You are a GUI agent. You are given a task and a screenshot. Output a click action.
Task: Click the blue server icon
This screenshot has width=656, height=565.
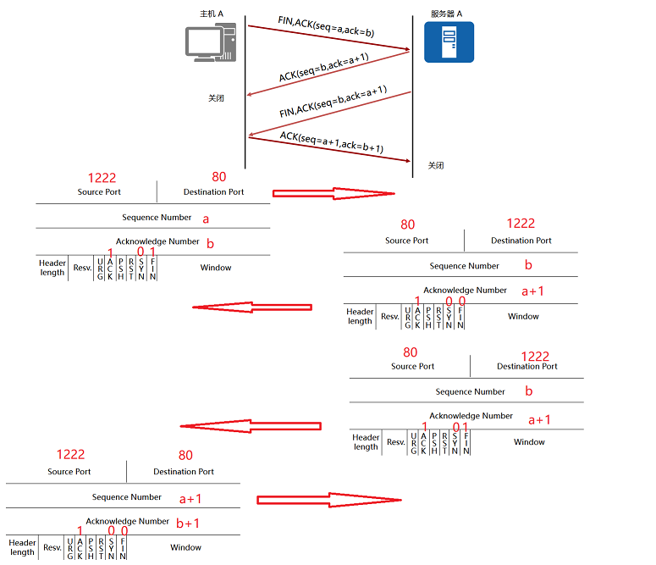449,42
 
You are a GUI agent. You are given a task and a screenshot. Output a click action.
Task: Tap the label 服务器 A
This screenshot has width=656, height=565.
446,14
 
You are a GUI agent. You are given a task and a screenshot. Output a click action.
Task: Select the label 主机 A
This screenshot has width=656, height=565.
212,14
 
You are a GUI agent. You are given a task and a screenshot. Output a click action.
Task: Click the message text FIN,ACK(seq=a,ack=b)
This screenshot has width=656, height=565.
326,26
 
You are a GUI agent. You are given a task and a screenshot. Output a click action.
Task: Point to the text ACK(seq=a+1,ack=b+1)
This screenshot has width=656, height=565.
332,142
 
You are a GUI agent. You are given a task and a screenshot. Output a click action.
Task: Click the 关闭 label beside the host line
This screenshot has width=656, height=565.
217,98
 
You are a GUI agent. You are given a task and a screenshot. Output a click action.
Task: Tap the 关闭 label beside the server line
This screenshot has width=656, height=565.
436,165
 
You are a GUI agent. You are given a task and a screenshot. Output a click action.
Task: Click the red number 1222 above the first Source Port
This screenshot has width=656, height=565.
102,178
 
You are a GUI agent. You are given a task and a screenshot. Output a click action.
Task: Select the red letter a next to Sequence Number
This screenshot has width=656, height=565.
205,218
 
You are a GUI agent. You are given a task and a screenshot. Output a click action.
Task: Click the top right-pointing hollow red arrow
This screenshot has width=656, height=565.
334,193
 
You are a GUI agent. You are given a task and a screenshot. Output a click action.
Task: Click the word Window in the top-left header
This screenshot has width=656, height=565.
216,268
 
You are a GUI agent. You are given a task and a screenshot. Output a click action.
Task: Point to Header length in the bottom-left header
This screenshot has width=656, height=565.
22,547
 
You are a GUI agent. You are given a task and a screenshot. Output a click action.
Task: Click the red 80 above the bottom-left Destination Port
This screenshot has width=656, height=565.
186,455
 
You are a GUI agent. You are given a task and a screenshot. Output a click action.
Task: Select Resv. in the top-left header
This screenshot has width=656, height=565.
82,268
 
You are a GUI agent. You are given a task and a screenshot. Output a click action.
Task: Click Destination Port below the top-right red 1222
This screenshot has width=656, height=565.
521,241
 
